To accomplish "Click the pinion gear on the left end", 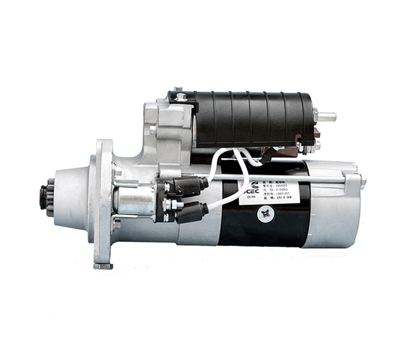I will (x=46, y=199).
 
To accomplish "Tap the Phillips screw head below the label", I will (x=265, y=213).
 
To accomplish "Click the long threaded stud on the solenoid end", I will (x=326, y=117).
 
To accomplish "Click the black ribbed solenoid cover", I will (x=250, y=119).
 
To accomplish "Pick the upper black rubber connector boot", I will (x=190, y=186).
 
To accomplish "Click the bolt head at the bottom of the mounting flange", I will (x=103, y=265).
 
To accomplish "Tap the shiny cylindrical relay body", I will (x=134, y=199).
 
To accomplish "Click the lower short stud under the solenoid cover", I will (x=316, y=146).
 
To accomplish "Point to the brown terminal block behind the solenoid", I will (x=316, y=134).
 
